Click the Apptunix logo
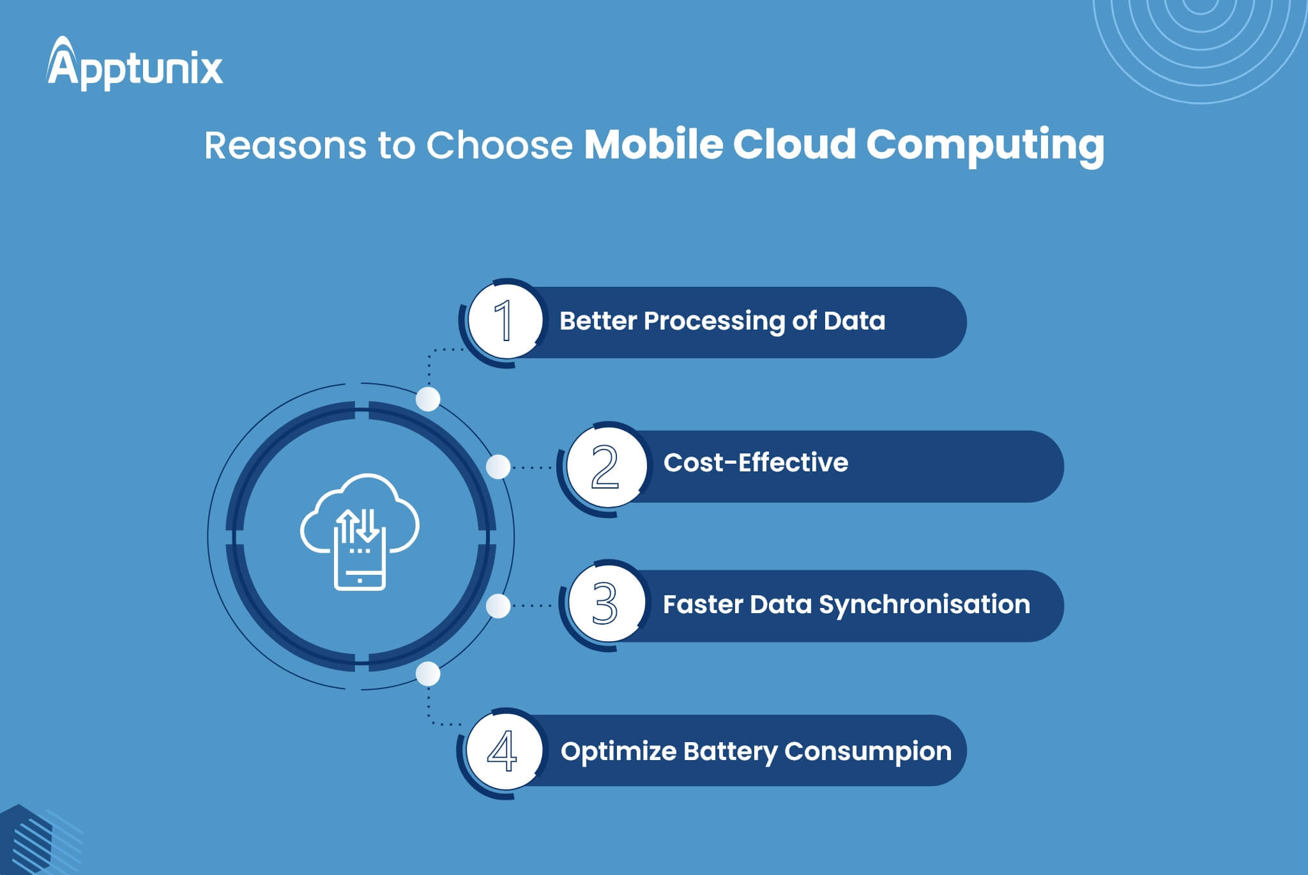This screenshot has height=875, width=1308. click(x=135, y=63)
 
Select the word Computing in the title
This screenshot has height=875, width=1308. click(x=985, y=147)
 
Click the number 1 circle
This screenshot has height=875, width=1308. click(x=505, y=320)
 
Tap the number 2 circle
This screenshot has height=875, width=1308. click(x=605, y=466)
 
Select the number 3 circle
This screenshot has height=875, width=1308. click(x=605, y=604)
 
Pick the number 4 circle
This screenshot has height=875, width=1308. click(x=503, y=751)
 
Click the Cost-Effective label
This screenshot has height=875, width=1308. click(x=756, y=462)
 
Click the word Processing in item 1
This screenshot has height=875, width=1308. click(x=714, y=322)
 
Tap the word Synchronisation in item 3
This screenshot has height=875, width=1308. click(x=924, y=605)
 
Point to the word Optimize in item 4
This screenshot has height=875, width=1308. click(x=618, y=752)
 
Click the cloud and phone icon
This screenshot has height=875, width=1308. click(x=360, y=531)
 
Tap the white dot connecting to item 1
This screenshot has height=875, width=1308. click(x=428, y=399)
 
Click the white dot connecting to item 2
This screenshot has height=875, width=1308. click(x=498, y=467)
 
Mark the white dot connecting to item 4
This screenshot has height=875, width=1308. click(x=428, y=674)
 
